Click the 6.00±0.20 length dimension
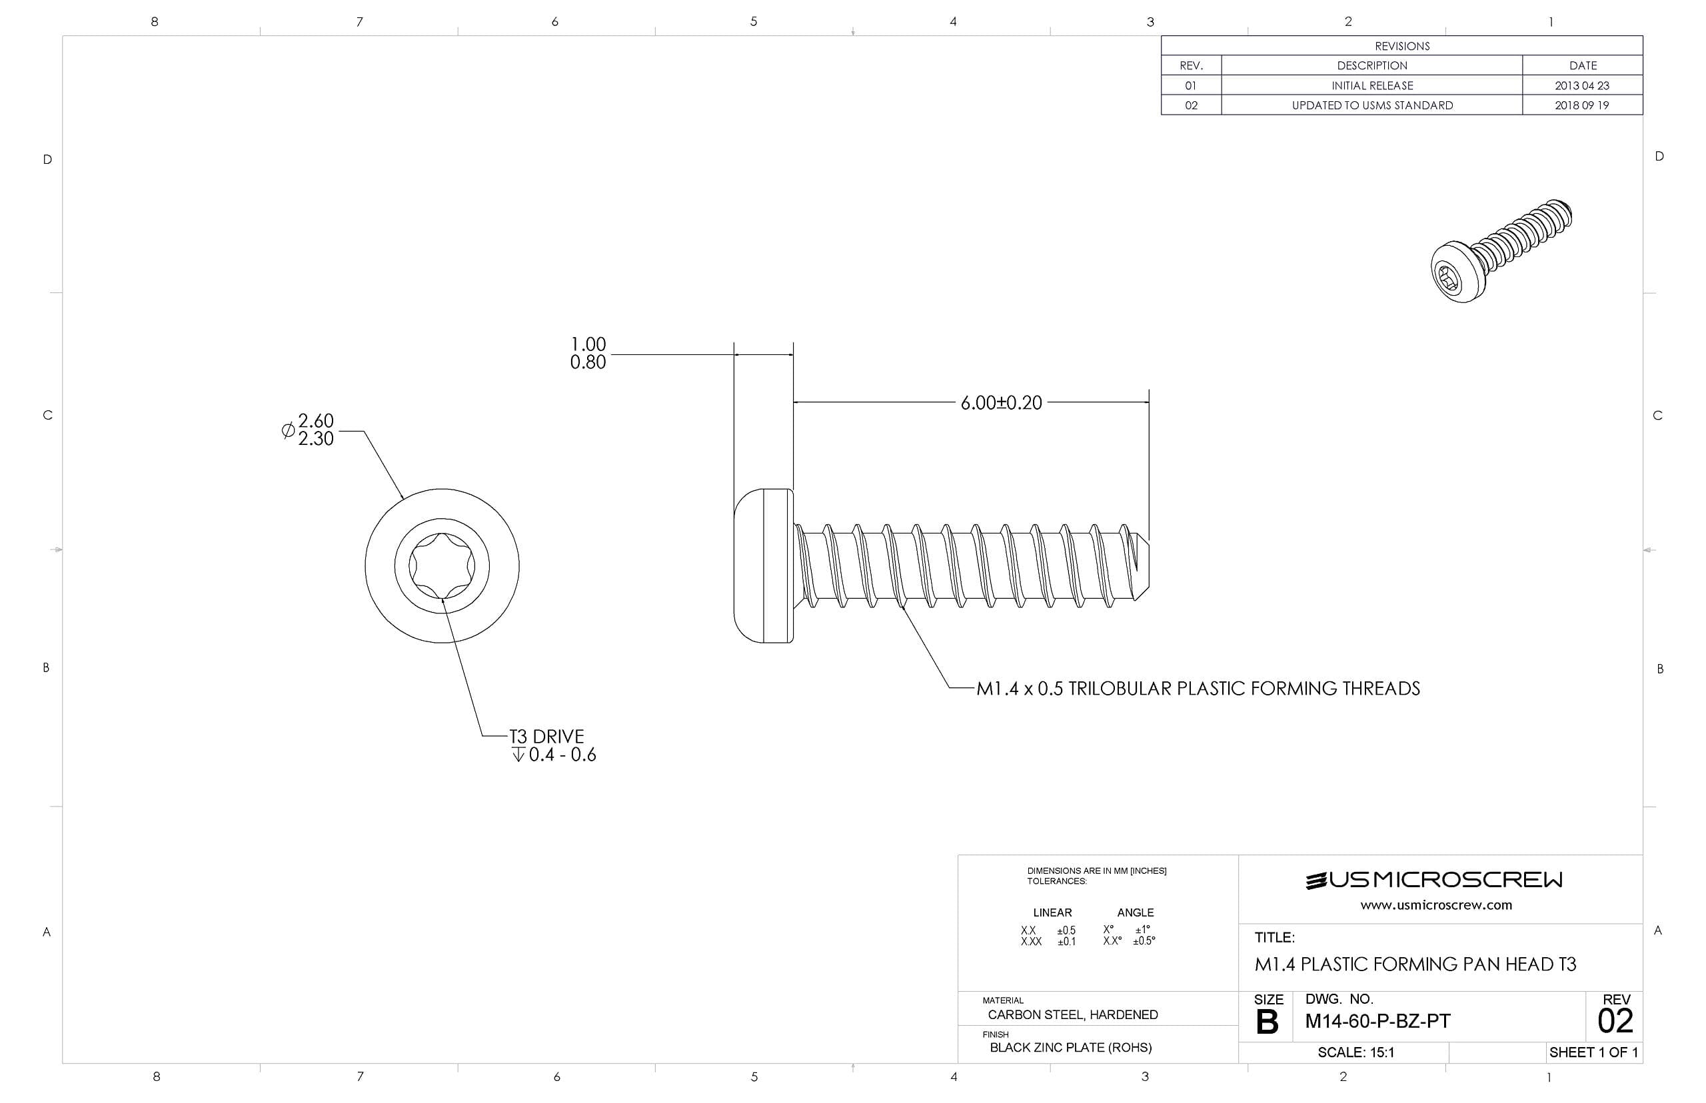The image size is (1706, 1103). [x=1000, y=402]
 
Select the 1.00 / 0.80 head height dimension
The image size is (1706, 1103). [x=588, y=353]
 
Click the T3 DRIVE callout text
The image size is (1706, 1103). [x=546, y=736]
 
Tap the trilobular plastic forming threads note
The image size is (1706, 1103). [x=1198, y=688]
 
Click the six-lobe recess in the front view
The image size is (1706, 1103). [x=441, y=566]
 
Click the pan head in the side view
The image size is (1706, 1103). [x=763, y=566]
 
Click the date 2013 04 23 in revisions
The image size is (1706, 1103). [x=1581, y=85]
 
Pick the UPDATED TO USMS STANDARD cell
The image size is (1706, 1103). [x=1371, y=105]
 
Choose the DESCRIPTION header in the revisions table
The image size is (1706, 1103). [x=1371, y=65]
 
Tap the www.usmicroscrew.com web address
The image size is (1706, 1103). [x=1436, y=905]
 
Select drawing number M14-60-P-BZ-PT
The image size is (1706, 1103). [x=1377, y=1021]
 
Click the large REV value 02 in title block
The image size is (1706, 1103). [x=1615, y=1021]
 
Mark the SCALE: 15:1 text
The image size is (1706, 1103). [x=1355, y=1052]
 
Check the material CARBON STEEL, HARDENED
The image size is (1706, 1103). [x=1072, y=1015]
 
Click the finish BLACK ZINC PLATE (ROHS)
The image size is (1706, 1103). [x=1070, y=1048]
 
